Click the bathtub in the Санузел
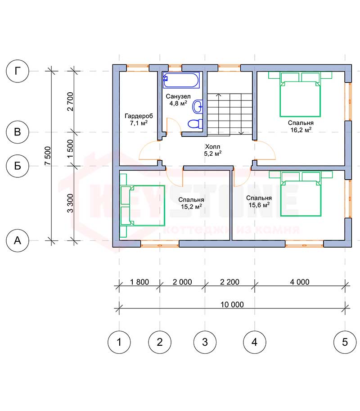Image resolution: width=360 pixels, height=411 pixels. (181, 80)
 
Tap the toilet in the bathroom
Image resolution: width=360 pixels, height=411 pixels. (195, 123)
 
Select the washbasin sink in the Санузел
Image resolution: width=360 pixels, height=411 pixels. (198, 106)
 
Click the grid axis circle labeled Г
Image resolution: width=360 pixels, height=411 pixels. (17, 71)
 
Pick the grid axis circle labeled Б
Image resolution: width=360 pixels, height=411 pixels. (17, 166)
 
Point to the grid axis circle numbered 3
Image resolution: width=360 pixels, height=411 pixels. (205, 342)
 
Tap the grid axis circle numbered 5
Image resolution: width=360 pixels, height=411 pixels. (345, 342)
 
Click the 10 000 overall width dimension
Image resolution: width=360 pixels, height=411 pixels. (232, 305)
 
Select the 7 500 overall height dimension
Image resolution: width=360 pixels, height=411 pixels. (48, 156)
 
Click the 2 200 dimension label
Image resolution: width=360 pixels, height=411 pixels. (229, 282)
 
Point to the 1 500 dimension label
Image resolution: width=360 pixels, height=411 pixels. (70, 149)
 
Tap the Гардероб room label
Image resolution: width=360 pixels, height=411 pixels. (139, 116)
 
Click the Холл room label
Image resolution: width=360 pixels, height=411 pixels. (212, 146)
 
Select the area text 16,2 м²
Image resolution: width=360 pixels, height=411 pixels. (301, 130)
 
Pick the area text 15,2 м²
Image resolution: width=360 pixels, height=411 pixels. (191, 207)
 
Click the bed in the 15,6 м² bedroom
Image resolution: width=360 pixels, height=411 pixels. (301, 194)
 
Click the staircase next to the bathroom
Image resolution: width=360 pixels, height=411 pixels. (230, 114)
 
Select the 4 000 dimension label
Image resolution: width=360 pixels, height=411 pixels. (300, 282)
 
